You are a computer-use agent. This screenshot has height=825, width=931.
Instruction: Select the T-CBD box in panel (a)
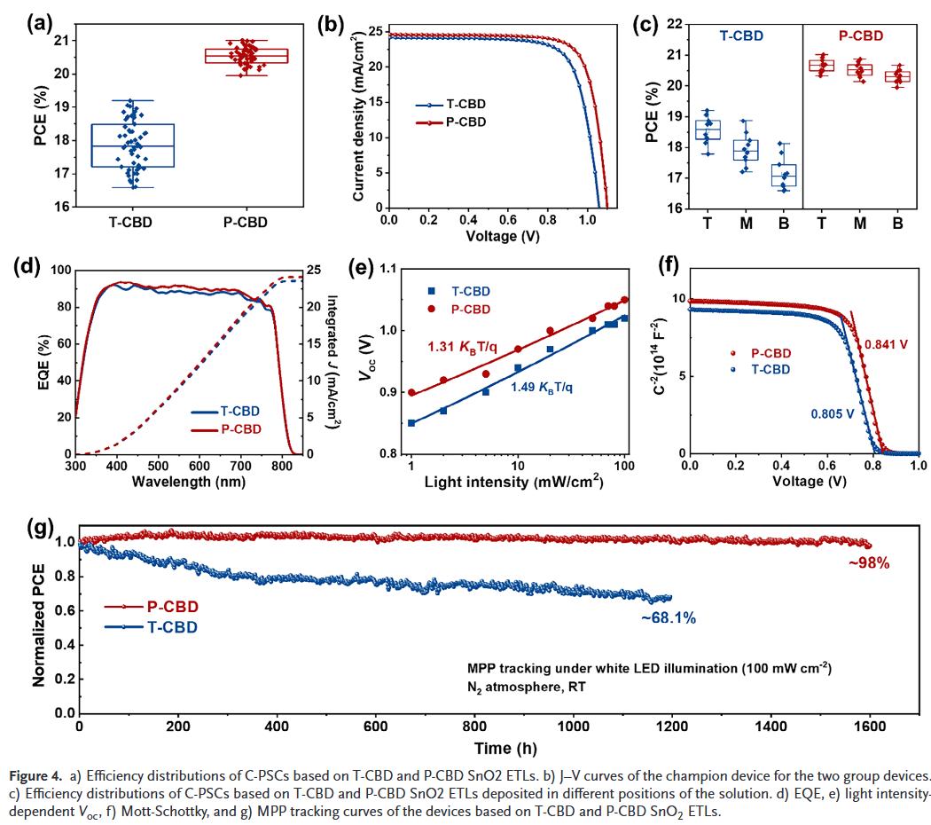click(133, 145)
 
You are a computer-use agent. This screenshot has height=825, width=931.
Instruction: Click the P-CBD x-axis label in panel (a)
click(239, 223)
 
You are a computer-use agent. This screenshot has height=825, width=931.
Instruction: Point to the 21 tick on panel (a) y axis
click(62, 41)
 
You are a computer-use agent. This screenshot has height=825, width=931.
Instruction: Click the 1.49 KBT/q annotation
click(540, 386)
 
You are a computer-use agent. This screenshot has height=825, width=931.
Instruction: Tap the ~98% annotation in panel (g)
click(867, 562)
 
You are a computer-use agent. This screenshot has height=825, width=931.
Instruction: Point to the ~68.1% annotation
click(668, 618)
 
